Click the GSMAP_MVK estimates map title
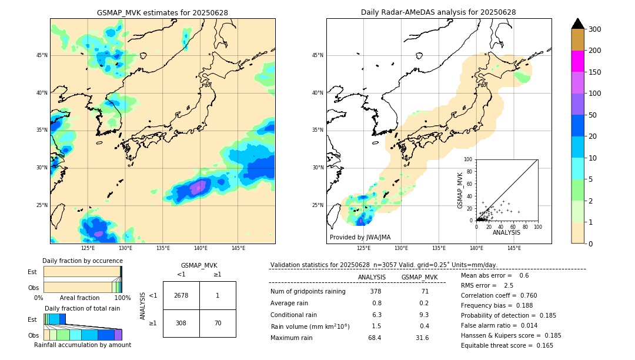pos(162,12)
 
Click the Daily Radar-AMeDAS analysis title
pos(438,12)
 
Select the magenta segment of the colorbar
pos(577,61)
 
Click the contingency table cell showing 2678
pos(181,296)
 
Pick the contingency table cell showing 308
pos(181,323)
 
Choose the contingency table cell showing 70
pos(218,323)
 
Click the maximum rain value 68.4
pos(375,338)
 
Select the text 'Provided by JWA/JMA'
pos(360,237)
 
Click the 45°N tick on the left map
pos(42,55)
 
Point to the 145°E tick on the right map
pos(514,248)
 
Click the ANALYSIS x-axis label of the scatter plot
pos(506,232)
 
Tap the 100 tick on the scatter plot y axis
pos(469,159)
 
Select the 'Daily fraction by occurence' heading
pos(82,261)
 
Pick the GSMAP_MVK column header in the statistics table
pos(419,277)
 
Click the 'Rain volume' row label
pos(310,326)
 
